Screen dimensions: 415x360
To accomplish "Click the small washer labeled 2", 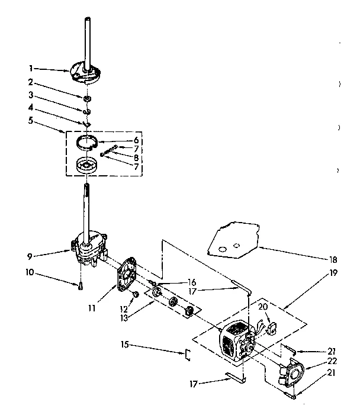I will pyautogui.click(x=87, y=97).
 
